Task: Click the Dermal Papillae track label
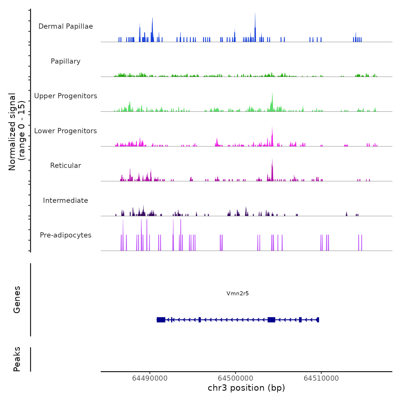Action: pos(66,26)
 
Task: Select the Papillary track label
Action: pos(66,61)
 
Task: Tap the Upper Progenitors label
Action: pos(66,96)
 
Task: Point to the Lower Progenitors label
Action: pos(66,131)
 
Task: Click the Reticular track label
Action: pos(66,166)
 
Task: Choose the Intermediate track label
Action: pos(66,200)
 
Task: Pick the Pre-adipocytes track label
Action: pos(66,235)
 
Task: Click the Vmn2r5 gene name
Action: pos(237,293)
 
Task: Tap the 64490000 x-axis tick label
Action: pos(150,378)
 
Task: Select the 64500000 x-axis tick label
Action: pos(235,378)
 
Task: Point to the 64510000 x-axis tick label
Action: pos(321,378)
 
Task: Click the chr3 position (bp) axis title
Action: pos(246,388)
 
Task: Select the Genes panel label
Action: pos(17,300)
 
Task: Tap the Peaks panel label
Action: pos(17,359)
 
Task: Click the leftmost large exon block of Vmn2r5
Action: pos(161,320)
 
